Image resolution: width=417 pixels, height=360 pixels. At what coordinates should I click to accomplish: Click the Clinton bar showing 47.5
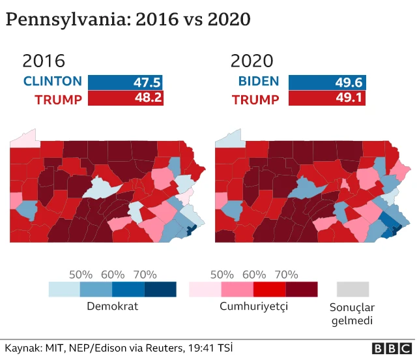(x=125, y=82)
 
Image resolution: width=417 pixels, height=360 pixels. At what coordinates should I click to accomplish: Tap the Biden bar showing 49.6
(x=327, y=82)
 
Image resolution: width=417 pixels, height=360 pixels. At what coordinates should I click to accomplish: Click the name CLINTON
(x=53, y=82)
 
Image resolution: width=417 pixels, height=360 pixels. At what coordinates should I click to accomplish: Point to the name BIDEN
(x=259, y=82)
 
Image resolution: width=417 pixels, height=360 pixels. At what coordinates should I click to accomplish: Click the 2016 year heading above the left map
(x=44, y=61)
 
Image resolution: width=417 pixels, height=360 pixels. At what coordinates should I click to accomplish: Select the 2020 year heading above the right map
(x=252, y=61)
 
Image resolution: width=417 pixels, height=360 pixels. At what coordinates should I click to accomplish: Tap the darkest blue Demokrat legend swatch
(x=160, y=289)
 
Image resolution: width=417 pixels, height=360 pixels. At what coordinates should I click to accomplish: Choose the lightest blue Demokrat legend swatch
(x=65, y=289)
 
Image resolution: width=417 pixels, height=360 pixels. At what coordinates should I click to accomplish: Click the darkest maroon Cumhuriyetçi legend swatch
(x=301, y=289)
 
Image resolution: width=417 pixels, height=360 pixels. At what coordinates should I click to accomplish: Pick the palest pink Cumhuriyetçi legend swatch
(x=205, y=289)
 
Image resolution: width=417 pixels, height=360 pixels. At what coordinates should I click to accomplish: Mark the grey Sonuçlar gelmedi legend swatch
(x=353, y=289)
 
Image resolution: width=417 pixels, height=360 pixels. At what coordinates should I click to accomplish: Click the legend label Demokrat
(x=112, y=306)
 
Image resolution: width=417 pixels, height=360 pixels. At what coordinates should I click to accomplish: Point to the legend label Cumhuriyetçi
(x=253, y=306)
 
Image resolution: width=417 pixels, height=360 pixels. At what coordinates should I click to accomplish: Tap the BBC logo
(x=390, y=348)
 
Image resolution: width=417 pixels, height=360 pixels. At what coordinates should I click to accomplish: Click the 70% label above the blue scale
(x=145, y=275)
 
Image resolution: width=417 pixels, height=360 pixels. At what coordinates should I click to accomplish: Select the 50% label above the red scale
(x=222, y=275)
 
